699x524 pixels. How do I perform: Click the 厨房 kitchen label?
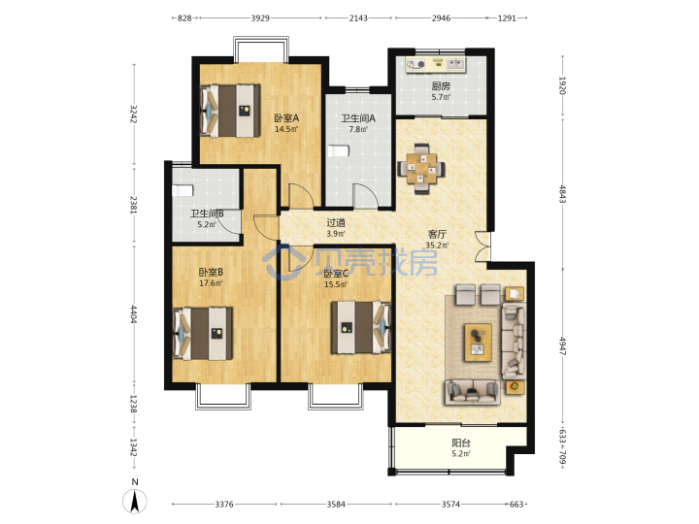point(441,86)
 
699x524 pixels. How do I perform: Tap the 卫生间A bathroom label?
point(358,118)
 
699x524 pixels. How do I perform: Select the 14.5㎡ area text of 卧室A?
point(285,130)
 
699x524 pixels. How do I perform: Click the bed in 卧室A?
point(230,111)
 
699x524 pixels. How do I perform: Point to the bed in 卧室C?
point(360,328)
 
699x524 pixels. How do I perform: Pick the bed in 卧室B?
point(203,333)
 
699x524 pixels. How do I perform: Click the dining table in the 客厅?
point(421,169)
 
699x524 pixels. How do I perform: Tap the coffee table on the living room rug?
point(478,343)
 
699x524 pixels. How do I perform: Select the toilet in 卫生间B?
point(183,191)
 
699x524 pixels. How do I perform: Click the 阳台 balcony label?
point(461,442)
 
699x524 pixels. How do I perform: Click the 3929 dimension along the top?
point(260,17)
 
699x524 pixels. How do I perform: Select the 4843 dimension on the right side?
point(562,194)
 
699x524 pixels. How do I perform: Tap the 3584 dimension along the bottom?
point(336,504)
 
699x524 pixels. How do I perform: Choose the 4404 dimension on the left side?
point(133,314)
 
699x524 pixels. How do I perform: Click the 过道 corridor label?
point(336,222)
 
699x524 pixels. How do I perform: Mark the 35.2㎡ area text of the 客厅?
point(437,246)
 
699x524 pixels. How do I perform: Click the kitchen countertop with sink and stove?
point(436,65)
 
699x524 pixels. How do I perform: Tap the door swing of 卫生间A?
point(366,196)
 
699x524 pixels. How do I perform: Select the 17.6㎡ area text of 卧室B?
point(211,283)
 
